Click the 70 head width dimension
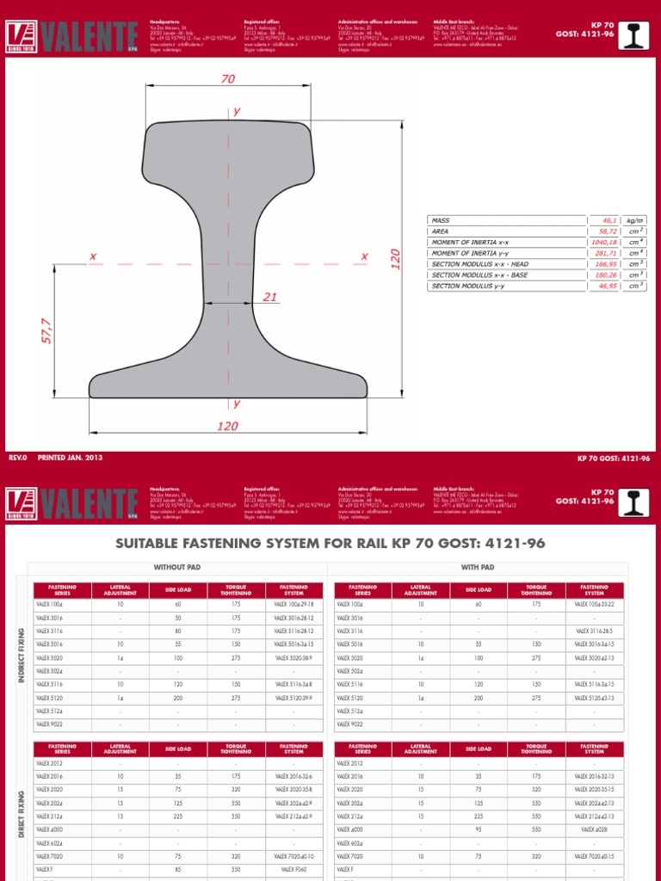pyautogui.click(x=227, y=79)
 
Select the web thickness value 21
pyautogui.click(x=270, y=297)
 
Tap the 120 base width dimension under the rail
pyautogui.click(x=227, y=426)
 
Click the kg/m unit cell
pyautogui.click(x=635, y=221)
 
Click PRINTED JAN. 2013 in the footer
pyautogui.click(x=70, y=458)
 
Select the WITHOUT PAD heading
pyautogui.click(x=176, y=568)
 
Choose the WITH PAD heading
pyautogui.click(x=479, y=568)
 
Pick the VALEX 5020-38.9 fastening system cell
pyautogui.click(x=293, y=656)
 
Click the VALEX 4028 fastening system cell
pyautogui.click(x=594, y=830)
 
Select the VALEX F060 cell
pyautogui.click(x=293, y=870)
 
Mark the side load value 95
pyautogui.click(x=479, y=830)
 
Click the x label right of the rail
pyautogui.click(x=364, y=256)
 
